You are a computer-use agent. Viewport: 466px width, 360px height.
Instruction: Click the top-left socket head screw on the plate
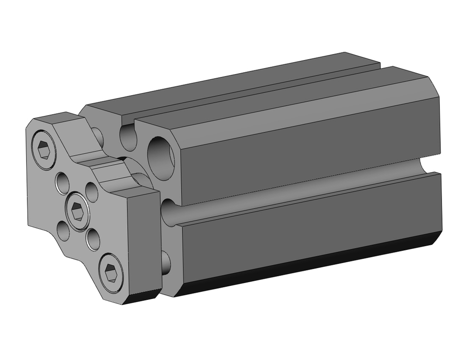44,149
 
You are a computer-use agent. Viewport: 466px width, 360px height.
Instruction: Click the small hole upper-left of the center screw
62,183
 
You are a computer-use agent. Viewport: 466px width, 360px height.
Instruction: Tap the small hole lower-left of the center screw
63,230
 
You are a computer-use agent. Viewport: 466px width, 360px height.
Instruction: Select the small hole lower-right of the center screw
93,239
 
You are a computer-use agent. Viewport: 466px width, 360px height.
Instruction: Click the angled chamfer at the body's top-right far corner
433,87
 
